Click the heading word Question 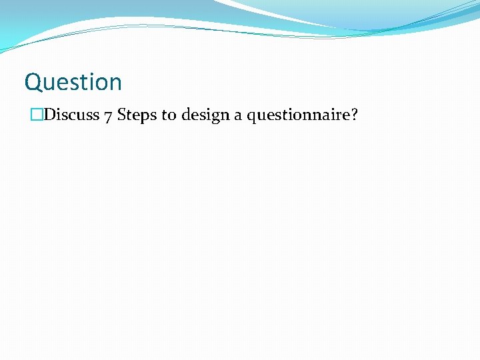[73, 83]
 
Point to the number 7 [108, 116]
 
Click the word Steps [137, 116]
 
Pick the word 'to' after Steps [169, 116]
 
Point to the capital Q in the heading [33, 83]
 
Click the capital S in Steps [122, 115]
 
